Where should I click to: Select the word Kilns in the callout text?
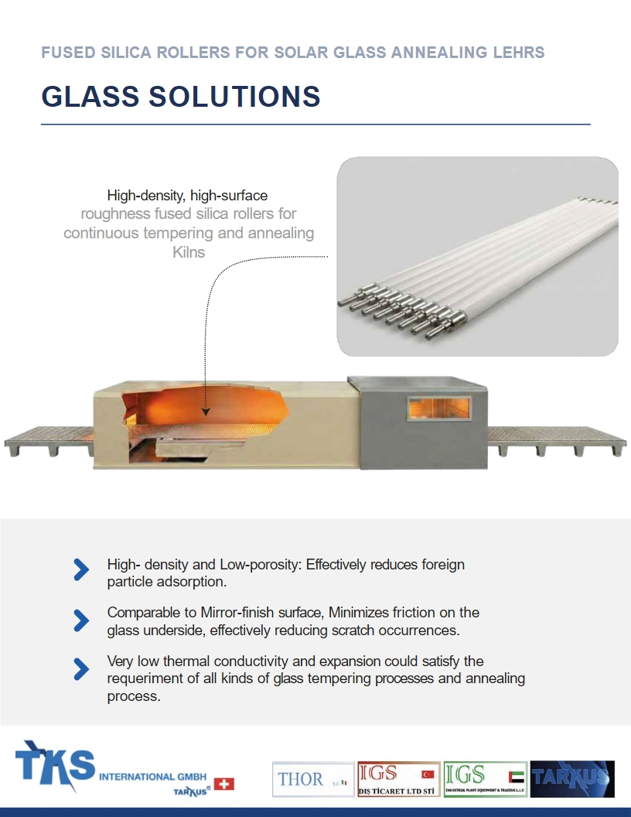tap(188, 251)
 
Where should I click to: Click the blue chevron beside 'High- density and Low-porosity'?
tap(81, 569)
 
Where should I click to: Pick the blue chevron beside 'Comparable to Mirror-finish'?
tap(81, 620)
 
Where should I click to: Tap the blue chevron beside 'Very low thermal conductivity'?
tap(81, 669)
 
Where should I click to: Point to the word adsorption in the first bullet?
tap(193, 581)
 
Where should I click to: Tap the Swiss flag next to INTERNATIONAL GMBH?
tap(223, 784)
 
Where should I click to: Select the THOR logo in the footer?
tap(312, 779)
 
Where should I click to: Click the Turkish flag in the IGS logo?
tap(428, 774)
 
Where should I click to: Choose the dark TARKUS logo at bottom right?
tap(572, 778)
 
